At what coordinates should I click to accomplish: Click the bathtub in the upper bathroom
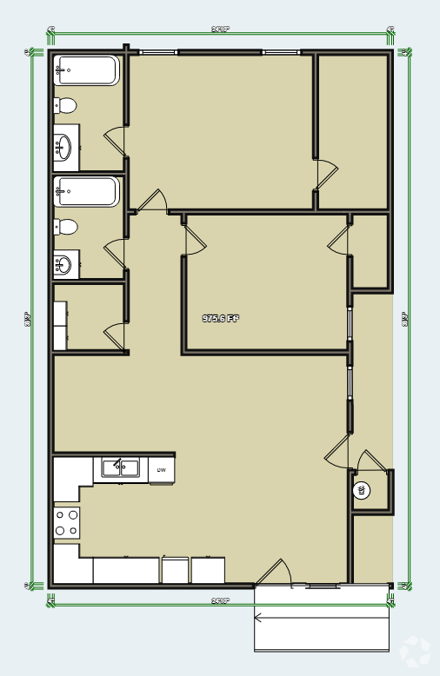[x=86, y=70]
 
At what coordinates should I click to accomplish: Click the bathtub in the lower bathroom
[x=86, y=191]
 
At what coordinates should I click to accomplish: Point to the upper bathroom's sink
[x=63, y=147]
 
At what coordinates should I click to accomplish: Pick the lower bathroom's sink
[x=63, y=264]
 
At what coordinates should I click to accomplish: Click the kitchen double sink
[x=121, y=468]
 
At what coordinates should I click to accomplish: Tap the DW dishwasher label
[x=161, y=470]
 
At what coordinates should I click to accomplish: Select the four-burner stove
[x=67, y=522]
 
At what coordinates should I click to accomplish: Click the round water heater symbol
[x=362, y=491]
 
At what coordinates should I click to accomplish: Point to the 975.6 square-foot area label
[x=220, y=319]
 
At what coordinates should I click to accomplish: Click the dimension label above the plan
[x=220, y=30]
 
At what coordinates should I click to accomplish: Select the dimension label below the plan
[x=220, y=600]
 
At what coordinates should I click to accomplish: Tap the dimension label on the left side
[x=29, y=319]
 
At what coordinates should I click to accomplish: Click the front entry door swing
[x=275, y=573]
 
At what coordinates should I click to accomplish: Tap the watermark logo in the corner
[x=415, y=651]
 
